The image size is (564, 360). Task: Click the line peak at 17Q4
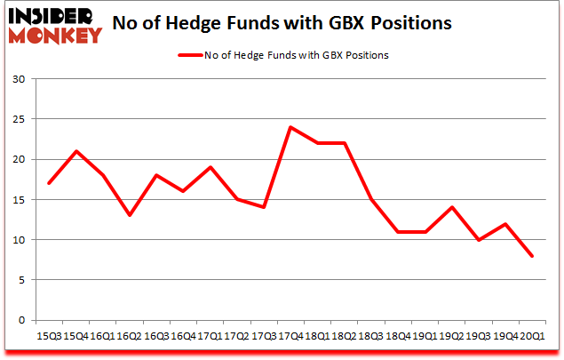coord(290,127)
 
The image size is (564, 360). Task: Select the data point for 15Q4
coord(77,151)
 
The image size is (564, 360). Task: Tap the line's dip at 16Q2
coord(131,215)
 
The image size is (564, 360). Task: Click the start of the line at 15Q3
coord(51,183)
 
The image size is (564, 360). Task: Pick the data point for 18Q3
coord(370,199)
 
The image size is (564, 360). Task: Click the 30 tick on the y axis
coord(18,79)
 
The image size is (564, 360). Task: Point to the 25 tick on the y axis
coord(18,119)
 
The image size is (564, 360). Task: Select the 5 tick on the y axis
coord(20,280)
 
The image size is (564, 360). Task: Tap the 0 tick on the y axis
coord(20,320)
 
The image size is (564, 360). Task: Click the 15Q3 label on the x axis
coord(49,336)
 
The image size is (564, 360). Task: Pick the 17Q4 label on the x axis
coord(290,336)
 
